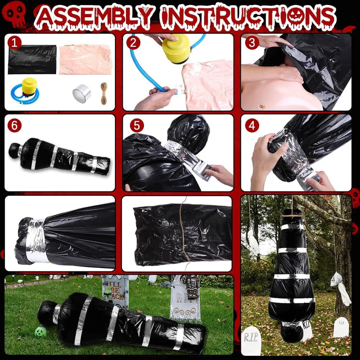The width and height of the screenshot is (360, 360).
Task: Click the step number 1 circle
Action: pos(14,43)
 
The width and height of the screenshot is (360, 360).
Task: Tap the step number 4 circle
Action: pos(252,125)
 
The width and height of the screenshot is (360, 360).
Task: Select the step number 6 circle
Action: pos(14,125)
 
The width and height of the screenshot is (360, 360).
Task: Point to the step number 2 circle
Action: pos(134,43)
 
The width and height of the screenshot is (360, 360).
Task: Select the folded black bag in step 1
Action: pos(32,59)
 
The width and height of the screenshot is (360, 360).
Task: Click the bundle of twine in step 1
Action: pos(103,93)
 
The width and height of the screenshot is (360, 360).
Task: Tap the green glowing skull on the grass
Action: pos(40,332)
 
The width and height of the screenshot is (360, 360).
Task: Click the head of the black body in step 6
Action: pos(16,150)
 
